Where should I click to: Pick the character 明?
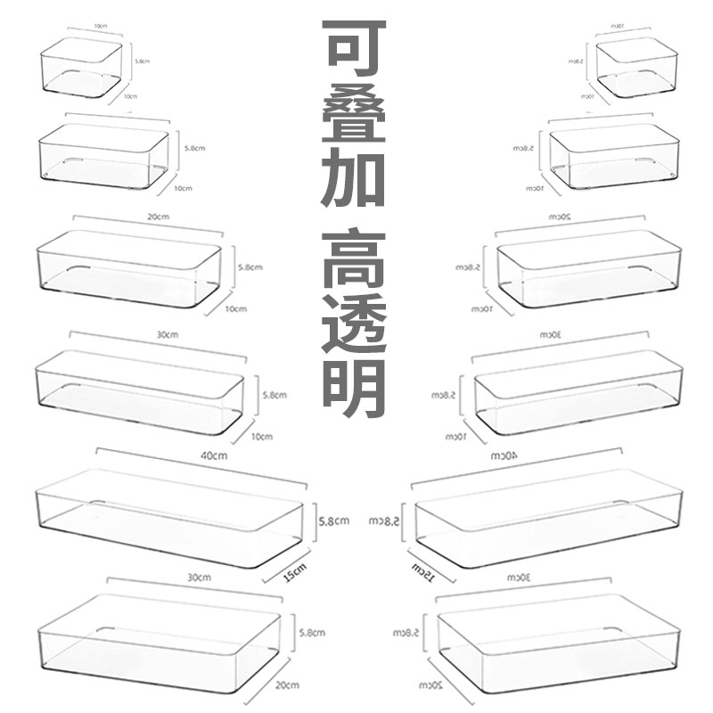(x=354, y=389)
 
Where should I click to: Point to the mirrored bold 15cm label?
(x=423, y=570)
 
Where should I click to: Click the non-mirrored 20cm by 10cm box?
(x=128, y=267)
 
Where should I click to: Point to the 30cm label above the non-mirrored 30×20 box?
(x=195, y=578)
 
